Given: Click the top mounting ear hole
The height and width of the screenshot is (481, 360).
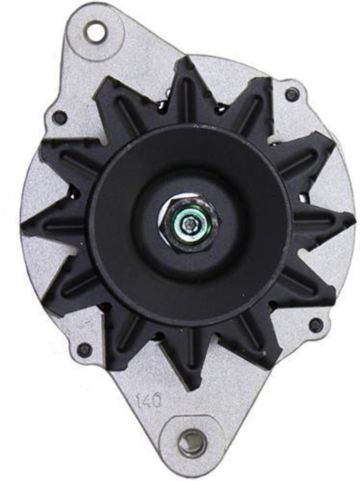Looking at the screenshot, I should [x=96, y=31].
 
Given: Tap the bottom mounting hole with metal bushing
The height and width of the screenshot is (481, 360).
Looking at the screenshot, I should [x=192, y=442].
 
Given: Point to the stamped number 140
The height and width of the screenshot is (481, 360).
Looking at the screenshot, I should [x=149, y=401].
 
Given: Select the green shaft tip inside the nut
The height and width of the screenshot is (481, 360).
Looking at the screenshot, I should [x=189, y=225].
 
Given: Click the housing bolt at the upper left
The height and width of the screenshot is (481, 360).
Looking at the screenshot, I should [x=60, y=117].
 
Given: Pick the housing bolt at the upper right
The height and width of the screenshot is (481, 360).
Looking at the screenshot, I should [x=292, y=94].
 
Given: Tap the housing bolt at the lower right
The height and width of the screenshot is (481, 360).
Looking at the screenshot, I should [x=316, y=325].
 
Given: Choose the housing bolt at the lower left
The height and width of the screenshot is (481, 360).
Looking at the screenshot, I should [x=84, y=349].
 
